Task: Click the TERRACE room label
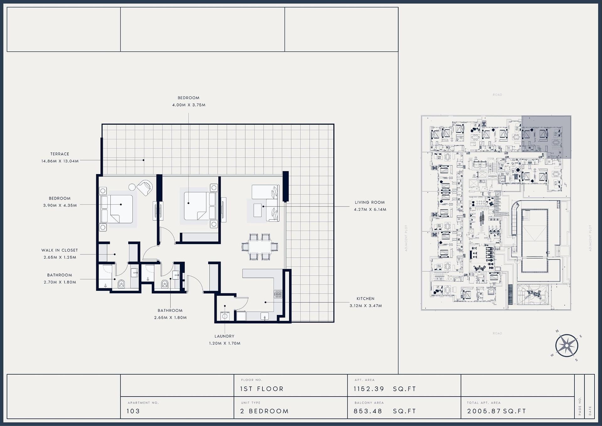60,154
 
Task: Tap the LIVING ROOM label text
370,202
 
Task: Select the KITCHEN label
365,299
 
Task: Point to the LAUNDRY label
224,336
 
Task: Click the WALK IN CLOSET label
60,250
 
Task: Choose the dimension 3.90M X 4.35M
60,205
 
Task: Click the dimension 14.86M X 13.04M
60,161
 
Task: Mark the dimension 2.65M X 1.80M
170,317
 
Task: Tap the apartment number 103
133,411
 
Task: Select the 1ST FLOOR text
262,389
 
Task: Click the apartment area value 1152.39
369,389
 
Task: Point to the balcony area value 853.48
368,411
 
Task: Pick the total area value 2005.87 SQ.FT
497,411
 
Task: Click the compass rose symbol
567,346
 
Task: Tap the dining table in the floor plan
260,247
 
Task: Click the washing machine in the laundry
225,316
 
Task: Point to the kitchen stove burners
278,294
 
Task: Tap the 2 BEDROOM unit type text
264,411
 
